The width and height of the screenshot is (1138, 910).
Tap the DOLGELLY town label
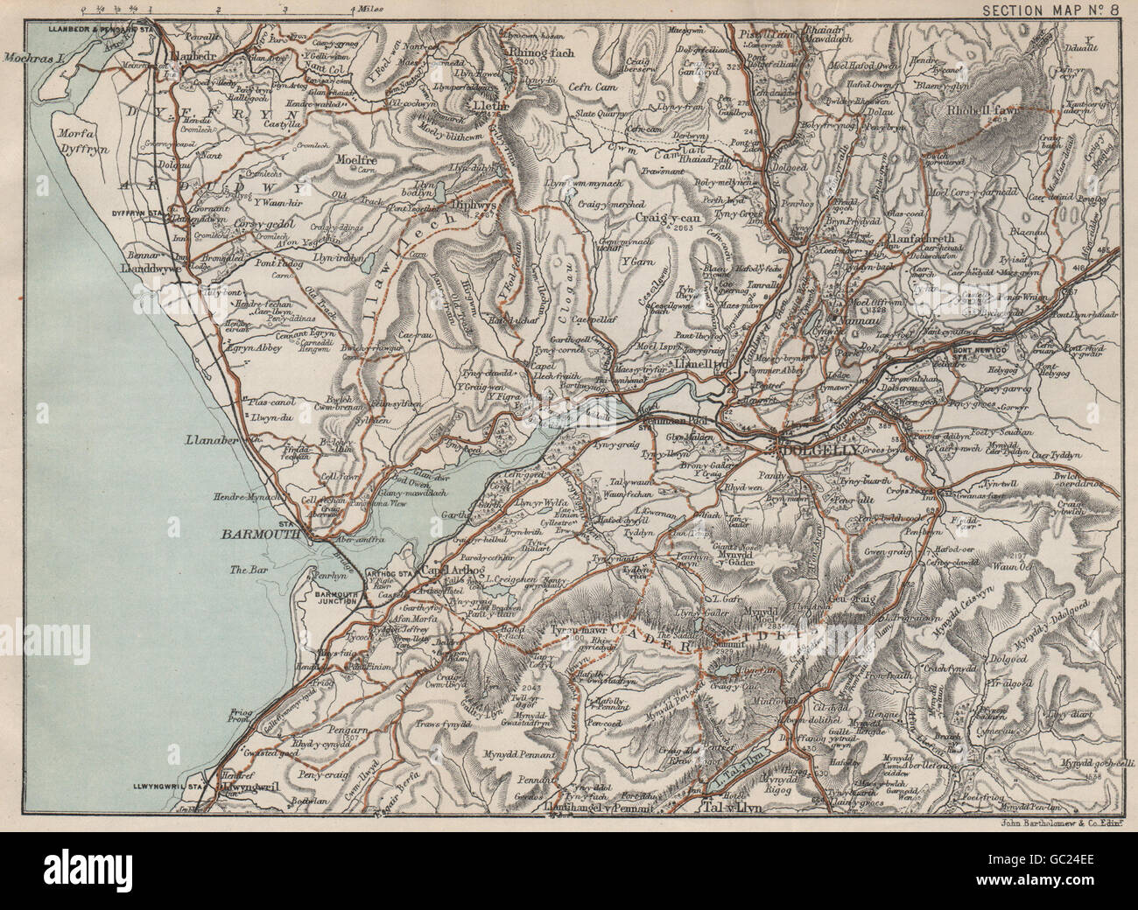pos(812,448)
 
